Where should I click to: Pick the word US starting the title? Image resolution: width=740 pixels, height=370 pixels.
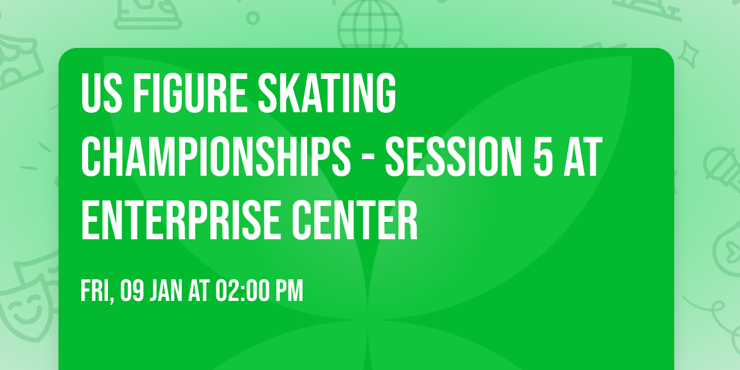[x=97, y=93]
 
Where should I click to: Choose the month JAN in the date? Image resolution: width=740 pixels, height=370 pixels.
[x=166, y=290]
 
